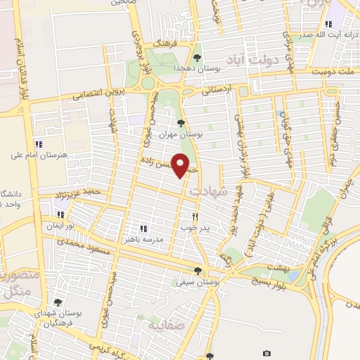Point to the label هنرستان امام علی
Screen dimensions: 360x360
(39, 154)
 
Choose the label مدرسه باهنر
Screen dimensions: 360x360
(162, 240)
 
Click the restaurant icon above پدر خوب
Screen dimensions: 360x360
(195, 217)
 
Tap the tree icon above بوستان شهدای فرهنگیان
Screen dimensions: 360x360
(58, 302)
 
